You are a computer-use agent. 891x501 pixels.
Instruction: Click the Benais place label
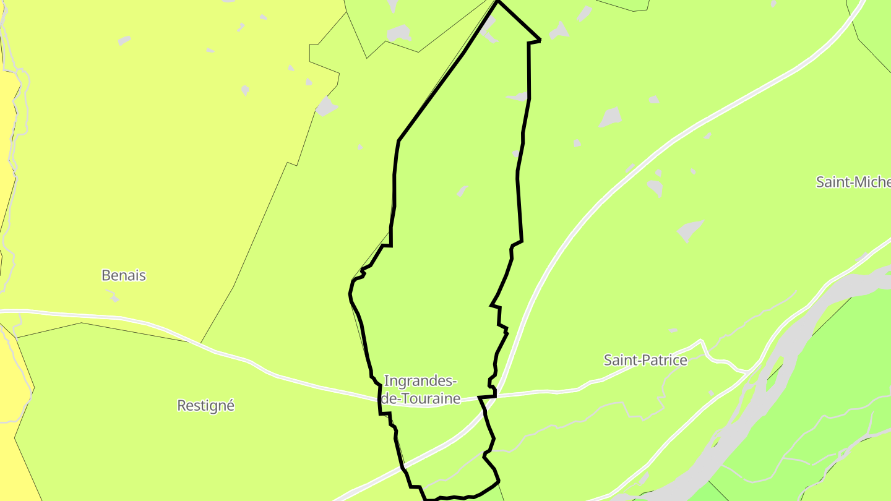124,275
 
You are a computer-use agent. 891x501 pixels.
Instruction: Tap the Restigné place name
205,406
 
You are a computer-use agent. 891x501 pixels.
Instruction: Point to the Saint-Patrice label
645,360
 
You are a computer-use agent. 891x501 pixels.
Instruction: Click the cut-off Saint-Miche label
853,182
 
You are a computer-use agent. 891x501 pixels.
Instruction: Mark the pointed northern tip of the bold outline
498,2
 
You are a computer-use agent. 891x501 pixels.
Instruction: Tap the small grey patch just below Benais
113,298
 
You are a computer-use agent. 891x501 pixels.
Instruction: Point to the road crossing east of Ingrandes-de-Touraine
499,395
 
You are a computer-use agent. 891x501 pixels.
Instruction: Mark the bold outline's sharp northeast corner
540,40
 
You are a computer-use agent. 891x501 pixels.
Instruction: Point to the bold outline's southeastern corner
498,481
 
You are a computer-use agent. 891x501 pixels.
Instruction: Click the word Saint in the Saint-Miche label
831,182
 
